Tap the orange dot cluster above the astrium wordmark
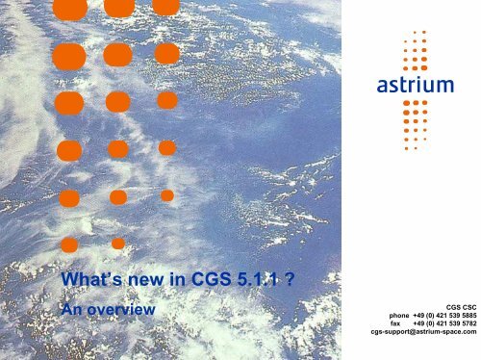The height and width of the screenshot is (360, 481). [415, 54]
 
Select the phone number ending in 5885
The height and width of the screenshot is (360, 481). [446, 314]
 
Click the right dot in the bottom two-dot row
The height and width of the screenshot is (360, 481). [117, 244]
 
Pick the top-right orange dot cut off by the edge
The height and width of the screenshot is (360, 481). [165, 7]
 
